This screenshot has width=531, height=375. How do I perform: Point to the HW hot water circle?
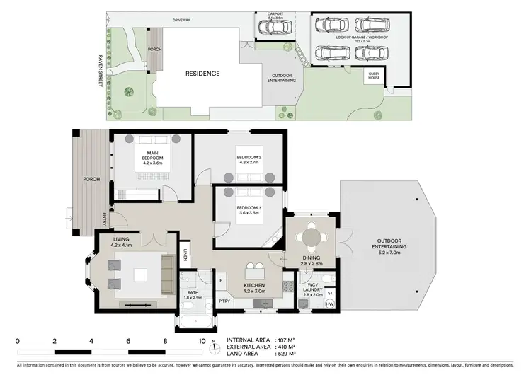coord(329,304)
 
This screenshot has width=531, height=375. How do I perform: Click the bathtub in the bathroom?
coord(193,324)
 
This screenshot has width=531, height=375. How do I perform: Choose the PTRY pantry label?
coord(224,301)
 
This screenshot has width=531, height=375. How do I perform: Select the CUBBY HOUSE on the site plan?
coord(373,75)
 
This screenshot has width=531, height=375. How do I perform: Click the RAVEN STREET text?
coord(101,71)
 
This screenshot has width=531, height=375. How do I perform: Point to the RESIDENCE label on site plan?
coord(202,74)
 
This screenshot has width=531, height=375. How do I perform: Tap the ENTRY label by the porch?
coord(105,219)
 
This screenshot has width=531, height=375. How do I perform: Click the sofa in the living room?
coord(168,270)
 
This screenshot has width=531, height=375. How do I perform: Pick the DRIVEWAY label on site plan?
coord(182,21)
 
